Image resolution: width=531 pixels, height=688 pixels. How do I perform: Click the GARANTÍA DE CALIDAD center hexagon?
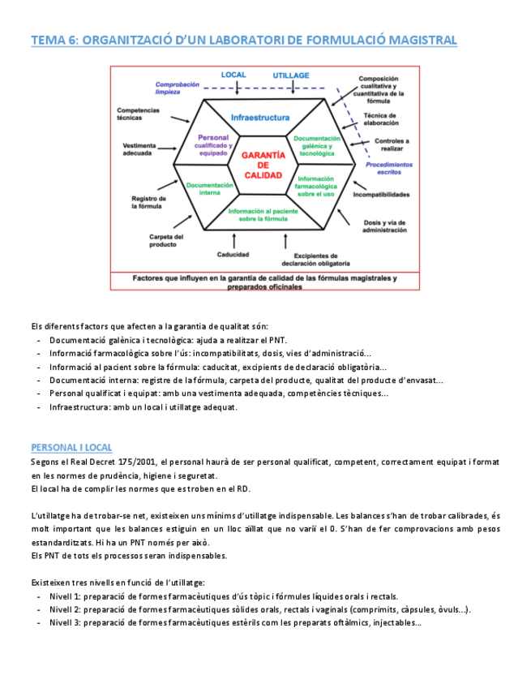[262, 165]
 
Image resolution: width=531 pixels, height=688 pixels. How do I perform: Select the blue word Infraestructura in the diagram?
[259, 118]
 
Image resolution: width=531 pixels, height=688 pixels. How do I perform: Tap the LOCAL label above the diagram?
[233, 75]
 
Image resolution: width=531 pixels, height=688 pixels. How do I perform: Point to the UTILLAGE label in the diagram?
[290, 75]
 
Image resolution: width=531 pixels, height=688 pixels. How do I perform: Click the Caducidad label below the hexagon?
[233, 255]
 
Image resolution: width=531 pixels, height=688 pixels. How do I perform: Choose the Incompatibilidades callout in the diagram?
[381, 195]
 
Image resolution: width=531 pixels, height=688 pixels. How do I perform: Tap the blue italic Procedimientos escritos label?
[388, 167]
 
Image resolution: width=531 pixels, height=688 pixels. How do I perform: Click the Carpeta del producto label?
[167, 241]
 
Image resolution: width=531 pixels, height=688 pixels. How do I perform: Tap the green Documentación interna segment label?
[209, 189]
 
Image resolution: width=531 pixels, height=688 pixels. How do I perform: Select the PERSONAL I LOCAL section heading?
[71, 448]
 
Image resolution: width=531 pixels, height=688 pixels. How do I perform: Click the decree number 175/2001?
[136, 462]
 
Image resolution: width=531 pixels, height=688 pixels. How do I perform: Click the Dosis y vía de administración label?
[384, 226]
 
